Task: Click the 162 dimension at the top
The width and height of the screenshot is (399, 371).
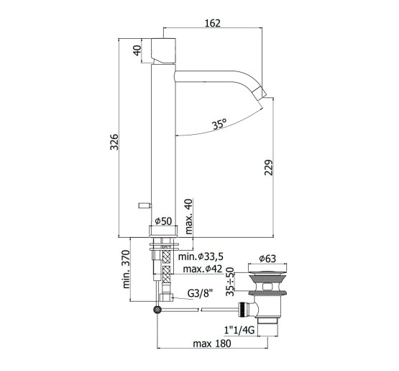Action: pos(213,23)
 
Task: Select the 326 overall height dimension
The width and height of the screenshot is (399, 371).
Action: pos(114,142)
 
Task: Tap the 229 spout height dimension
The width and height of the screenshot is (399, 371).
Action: pos(268,167)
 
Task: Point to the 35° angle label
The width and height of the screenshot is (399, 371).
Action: pos(219,124)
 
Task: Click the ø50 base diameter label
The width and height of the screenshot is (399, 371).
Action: pos(163,221)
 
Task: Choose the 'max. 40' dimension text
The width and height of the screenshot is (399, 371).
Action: pos(189,217)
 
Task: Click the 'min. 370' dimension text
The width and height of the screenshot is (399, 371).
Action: pos(127,269)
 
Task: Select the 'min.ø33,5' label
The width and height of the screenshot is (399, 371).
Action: pos(201,256)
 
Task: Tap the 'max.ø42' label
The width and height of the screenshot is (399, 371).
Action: pos(202,269)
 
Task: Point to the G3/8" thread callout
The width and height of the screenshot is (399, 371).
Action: pos(200,293)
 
